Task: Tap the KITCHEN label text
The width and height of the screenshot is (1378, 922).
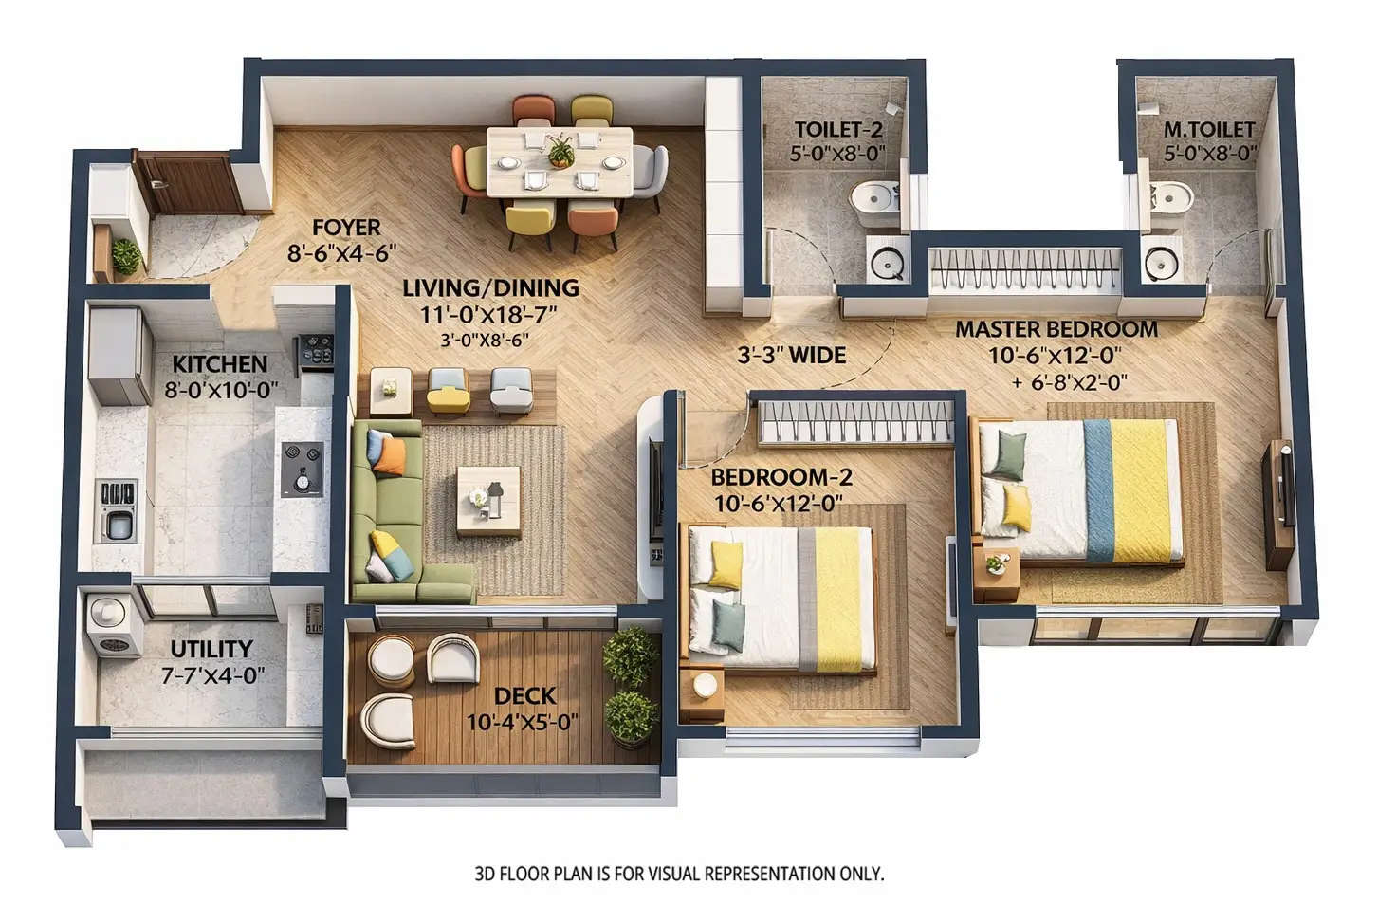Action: click(219, 364)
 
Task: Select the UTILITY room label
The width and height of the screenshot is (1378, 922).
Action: click(211, 649)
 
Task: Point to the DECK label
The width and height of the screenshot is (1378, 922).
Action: click(524, 696)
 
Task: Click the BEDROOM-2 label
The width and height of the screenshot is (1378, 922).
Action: click(781, 477)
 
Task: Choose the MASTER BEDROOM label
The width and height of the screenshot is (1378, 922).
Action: click(1056, 330)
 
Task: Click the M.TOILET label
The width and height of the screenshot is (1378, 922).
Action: click(1208, 129)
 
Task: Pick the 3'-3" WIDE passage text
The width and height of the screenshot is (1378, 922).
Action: click(791, 356)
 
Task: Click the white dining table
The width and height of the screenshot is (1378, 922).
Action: click(559, 162)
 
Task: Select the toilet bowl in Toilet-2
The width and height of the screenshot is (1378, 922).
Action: click(874, 199)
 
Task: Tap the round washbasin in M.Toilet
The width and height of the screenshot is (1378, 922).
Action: click(1162, 263)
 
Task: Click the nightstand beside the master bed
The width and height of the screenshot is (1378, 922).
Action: click(996, 574)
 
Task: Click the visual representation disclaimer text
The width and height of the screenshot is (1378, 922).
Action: click(678, 874)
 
